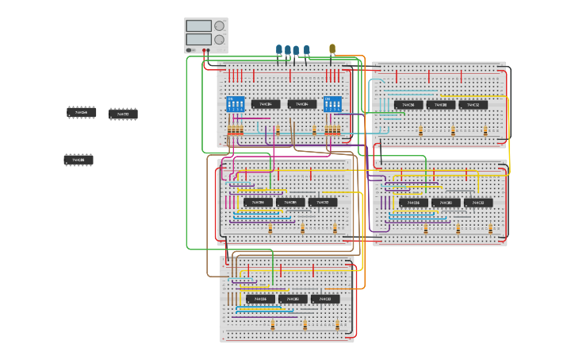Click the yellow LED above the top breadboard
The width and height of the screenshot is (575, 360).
[x=332, y=49]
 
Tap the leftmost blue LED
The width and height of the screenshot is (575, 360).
[x=279, y=50]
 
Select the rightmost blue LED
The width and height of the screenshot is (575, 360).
[x=306, y=50]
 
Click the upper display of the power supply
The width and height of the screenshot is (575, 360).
[x=198, y=25]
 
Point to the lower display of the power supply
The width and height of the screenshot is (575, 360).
[x=198, y=39]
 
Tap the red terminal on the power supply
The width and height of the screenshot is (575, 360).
[x=207, y=51]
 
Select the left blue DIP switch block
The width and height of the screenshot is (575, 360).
[x=236, y=104]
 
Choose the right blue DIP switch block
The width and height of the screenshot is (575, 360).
[x=332, y=104]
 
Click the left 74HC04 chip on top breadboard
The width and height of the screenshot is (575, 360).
[x=266, y=104]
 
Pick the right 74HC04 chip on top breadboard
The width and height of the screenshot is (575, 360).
[x=301, y=104]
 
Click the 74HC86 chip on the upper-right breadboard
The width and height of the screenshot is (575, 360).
[x=408, y=105]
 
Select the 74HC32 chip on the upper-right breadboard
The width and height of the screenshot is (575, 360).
[x=473, y=105]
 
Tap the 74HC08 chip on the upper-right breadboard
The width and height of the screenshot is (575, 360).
[x=441, y=105]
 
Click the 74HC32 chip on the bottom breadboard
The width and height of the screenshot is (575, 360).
[x=325, y=299]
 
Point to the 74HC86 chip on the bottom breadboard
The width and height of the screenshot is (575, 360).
[x=260, y=299]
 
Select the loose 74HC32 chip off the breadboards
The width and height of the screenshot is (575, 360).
[x=123, y=114]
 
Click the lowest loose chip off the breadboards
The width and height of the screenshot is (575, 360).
[x=79, y=160]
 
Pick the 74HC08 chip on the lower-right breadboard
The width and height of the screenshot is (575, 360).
[x=446, y=203]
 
